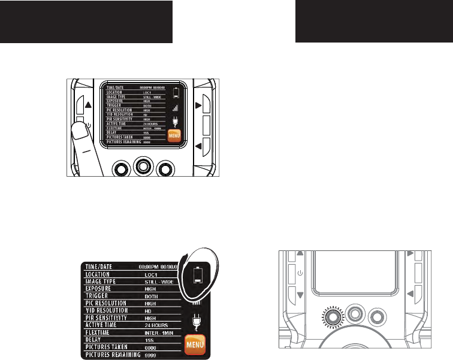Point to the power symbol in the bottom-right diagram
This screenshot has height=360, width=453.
pos(300,275)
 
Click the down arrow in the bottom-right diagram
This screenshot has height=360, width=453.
pos(300,294)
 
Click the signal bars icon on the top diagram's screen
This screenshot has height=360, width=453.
pos(176,108)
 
